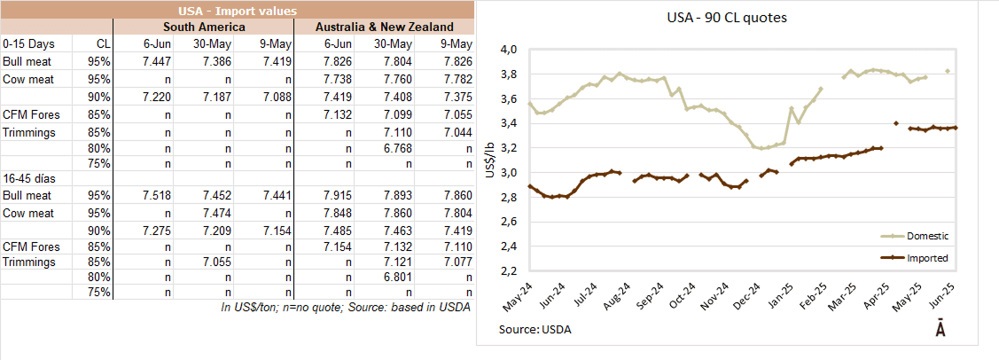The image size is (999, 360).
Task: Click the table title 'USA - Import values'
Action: click(x=235, y=12)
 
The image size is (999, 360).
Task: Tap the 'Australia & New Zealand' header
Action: click(x=385, y=27)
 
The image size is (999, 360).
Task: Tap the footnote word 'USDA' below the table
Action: click(x=452, y=308)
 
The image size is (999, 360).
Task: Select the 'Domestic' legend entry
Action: click(x=926, y=236)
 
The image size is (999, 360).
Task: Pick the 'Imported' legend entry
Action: click(x=926, y=258)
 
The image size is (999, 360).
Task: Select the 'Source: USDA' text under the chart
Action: click(x=535, y=330)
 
